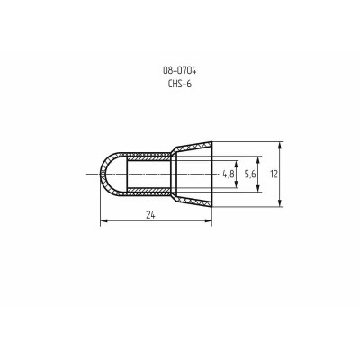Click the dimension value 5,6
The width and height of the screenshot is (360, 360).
(249, 171)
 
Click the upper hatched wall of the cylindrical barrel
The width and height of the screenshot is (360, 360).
(148, 154)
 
